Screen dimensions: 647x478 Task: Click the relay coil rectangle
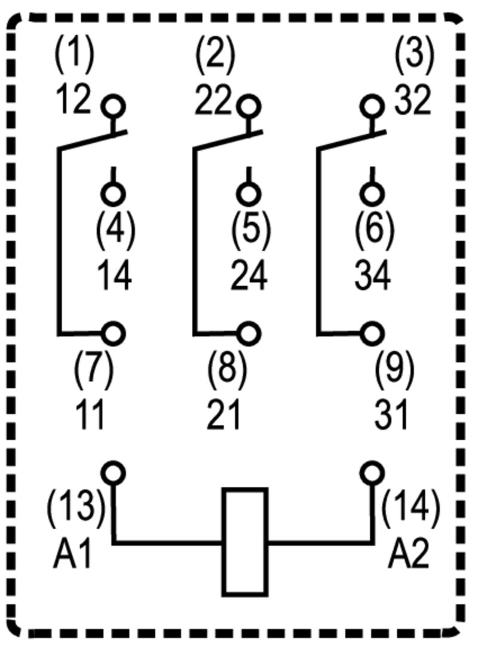(x=244, y=541)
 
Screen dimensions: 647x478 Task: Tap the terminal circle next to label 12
(x=113, y=107)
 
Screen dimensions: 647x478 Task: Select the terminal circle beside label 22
(x=247, y=107)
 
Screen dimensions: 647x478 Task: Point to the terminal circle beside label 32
(x=373, y=107)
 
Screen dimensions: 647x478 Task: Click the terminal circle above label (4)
(x=113, y=193)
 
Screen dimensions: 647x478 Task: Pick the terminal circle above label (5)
(x=247, y=193)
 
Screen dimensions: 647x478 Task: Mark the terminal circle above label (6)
(x=373, y=193)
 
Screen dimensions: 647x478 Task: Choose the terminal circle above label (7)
(x=113, y=333)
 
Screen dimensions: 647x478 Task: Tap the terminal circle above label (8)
(x=249, y=333)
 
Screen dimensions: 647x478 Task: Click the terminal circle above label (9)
(x=373, y=333)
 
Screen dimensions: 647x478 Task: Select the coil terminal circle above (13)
(x=113, y=473)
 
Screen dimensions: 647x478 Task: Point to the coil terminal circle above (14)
(x=373, y=473)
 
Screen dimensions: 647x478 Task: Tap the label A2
(x=409, y=554)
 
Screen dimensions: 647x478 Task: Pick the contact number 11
(x=91, y=413)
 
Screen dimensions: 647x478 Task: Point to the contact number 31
(x=393, y=413)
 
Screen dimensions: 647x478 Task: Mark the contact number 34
(x=373, y=275)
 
